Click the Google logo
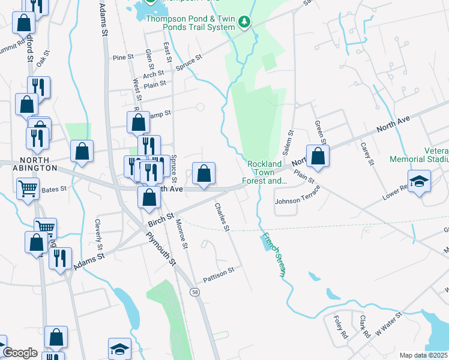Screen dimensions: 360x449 point(20,353)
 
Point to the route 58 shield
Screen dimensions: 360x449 point(194,292)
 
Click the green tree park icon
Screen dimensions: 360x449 point(244,22)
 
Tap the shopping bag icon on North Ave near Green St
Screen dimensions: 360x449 point(318,157)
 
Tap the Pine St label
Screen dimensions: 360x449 point(122,58)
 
